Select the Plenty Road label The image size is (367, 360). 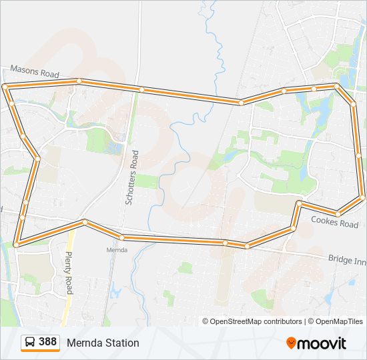68,273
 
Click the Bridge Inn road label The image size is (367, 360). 347,259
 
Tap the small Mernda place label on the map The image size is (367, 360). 117,250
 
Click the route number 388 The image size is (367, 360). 47,342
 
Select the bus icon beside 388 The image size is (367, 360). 30,343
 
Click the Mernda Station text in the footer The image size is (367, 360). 103,343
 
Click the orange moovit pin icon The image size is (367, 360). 291,343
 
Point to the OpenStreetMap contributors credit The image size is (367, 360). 252,321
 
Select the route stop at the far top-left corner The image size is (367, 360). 5,87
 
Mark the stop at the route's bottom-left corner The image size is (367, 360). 16,245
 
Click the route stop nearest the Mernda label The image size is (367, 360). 122,237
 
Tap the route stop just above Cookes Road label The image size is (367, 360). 338,213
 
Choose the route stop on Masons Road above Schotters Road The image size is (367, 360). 141,89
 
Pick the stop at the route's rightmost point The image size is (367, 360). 362,197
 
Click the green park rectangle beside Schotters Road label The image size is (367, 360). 147,181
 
